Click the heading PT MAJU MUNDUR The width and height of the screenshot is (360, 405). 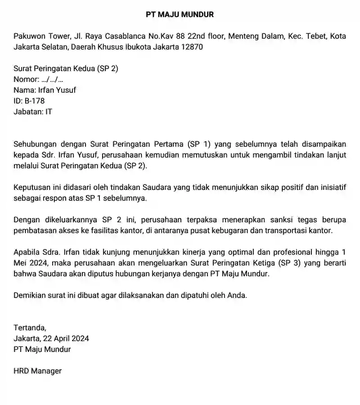[x=180, y=14]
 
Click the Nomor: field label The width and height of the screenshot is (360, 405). [x=27, y=80]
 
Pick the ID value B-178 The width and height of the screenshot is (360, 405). [x=35, y=101]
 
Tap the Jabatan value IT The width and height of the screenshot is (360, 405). [x=49, y=112]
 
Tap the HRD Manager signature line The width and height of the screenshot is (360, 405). [x=38, y=371]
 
